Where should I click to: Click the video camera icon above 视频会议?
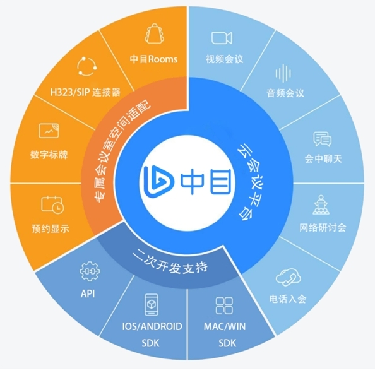coord(222,38)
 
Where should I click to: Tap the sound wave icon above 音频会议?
coord(283,73)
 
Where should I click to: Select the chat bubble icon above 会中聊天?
coord(322,139)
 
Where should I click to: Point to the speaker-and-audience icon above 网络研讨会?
coord(321,205)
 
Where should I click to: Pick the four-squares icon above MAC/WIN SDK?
coord(224,305)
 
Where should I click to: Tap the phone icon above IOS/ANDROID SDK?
coord(152,305)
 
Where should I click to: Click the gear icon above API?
coord(90,271)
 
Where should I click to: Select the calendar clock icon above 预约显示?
coord(52,204)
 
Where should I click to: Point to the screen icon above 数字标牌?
coord(49,131)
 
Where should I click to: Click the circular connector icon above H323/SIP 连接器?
coord(87,66)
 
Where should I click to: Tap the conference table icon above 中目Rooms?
coord(155,33)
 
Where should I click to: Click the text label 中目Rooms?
coord(153,59)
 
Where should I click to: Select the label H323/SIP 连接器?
coord(85,92)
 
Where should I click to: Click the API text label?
coord(88,293)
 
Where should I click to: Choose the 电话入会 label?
coord(288,299)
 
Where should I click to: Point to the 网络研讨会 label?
coord(323,227)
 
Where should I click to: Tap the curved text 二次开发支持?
coord(170,263)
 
